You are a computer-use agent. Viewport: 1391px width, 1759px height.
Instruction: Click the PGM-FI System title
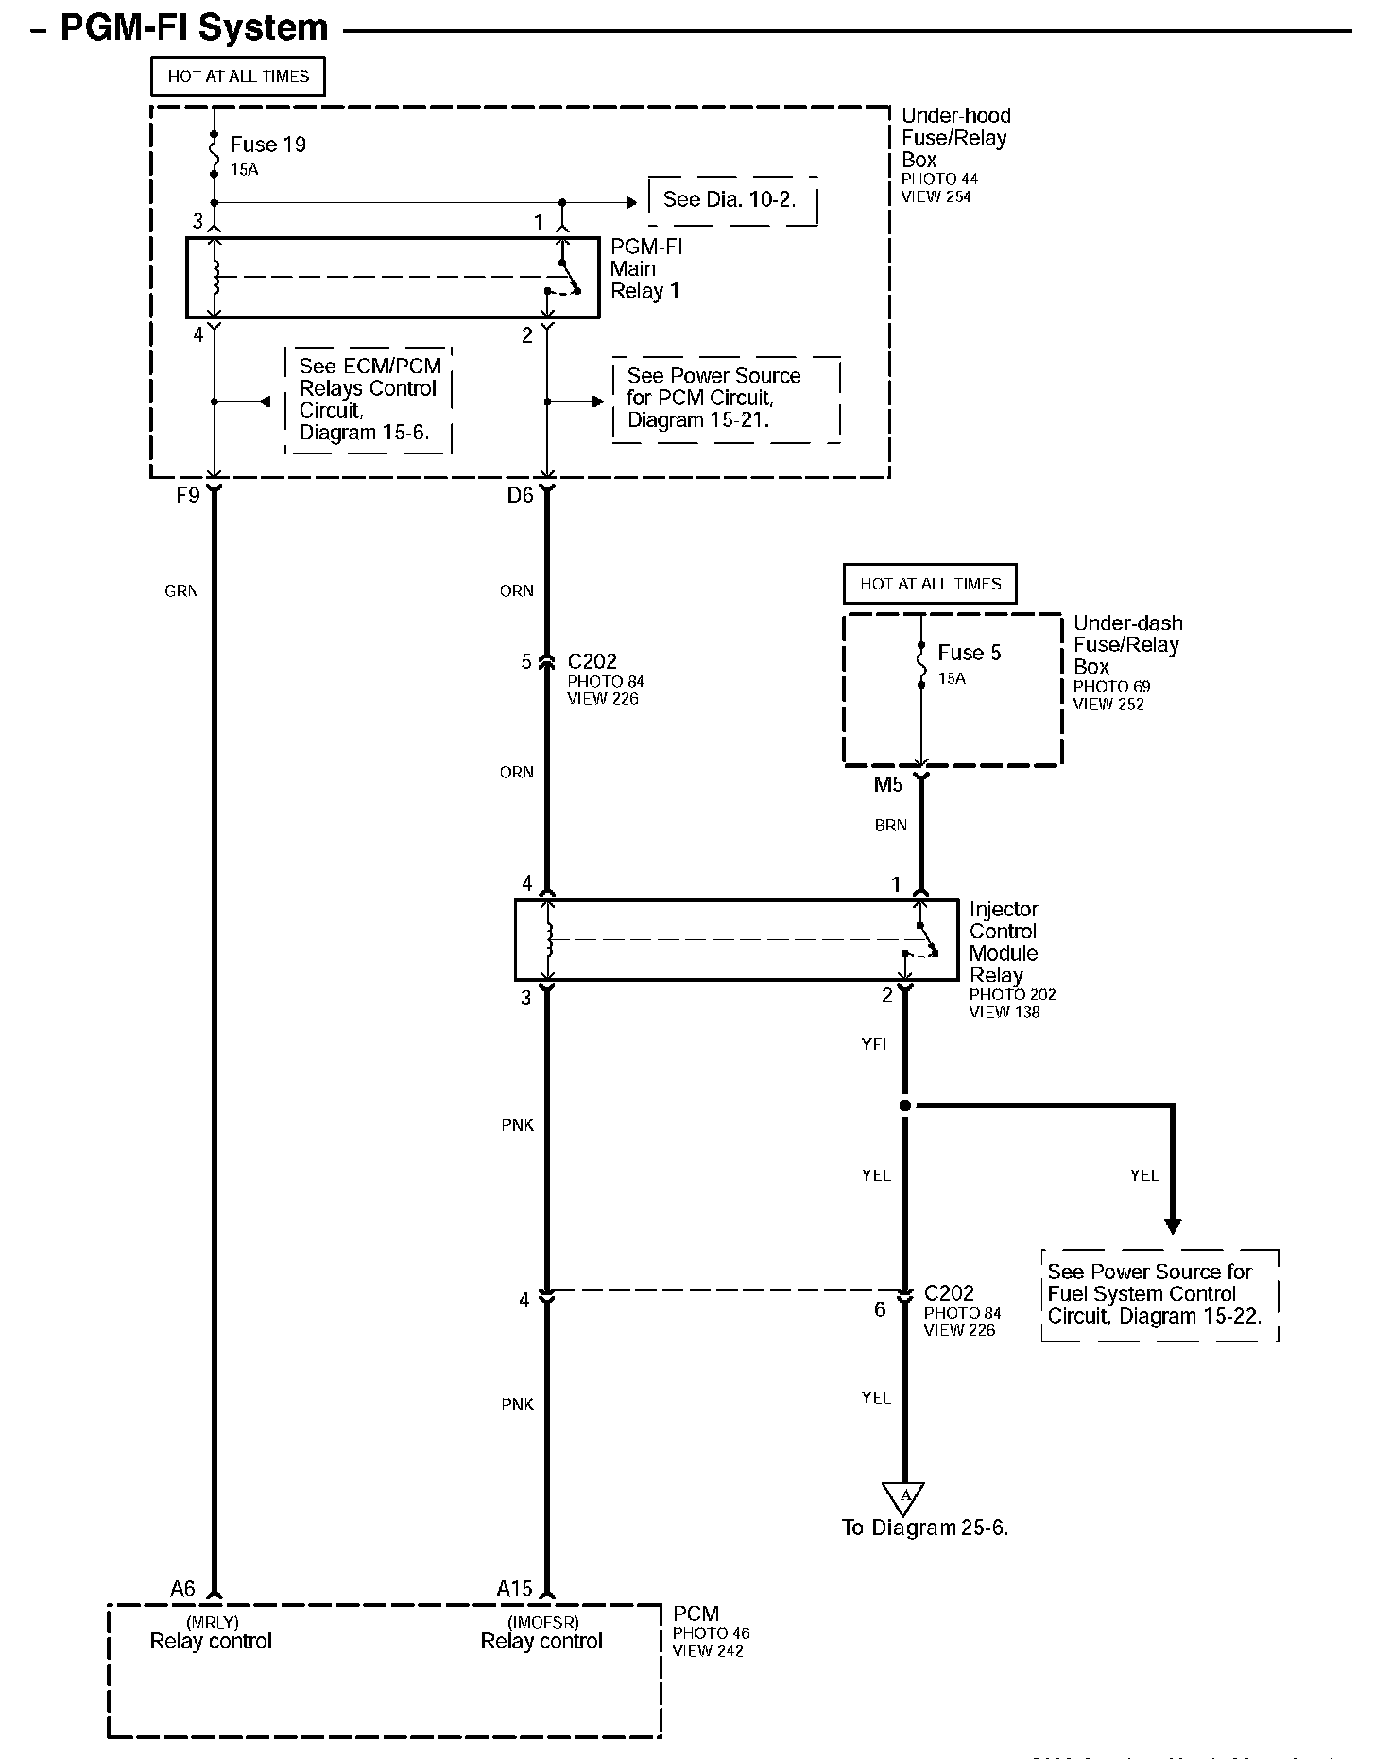pos(194,27)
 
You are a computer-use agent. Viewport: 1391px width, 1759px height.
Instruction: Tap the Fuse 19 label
pos(268,145)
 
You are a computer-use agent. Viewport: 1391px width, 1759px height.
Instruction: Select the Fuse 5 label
pos(969,653)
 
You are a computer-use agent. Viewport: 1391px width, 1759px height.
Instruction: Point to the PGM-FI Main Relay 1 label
pos(646,269)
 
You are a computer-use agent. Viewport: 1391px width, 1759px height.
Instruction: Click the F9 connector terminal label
pos(187,495)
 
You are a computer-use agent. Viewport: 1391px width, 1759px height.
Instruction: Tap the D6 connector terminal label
pos(520,495)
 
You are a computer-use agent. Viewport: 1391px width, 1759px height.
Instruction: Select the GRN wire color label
pos(181,591)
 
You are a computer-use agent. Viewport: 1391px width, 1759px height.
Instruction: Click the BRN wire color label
pos(890,826)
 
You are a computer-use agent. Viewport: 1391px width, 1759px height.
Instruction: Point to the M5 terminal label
pos(888,784)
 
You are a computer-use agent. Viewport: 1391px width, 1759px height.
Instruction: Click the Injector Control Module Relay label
pos(1004,942)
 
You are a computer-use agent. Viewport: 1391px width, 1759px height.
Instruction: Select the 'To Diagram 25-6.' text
pos(925,1528)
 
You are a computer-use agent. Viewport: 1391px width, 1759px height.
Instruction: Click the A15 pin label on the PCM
pos(515,1589)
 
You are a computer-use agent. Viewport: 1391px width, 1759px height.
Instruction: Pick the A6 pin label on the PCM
pos(182,1589)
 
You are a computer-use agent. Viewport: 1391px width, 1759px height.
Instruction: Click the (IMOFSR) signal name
pos(542,1622)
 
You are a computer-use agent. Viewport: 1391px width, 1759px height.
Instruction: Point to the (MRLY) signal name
pos(212,1622)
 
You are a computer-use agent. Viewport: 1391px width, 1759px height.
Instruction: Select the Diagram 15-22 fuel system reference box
pos(1159,1294)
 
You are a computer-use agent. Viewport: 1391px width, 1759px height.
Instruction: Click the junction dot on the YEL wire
pos(904,1105)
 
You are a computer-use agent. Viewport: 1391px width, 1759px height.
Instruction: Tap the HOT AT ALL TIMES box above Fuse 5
pos(930,584)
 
